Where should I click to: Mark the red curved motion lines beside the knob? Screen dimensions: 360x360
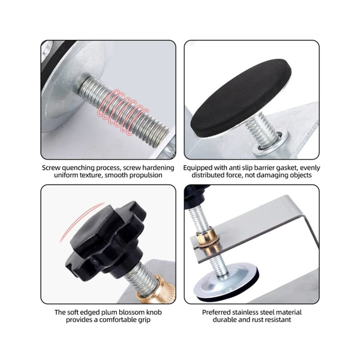81,221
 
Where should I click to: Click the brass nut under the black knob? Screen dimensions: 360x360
156,289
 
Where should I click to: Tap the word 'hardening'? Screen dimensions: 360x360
158,168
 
